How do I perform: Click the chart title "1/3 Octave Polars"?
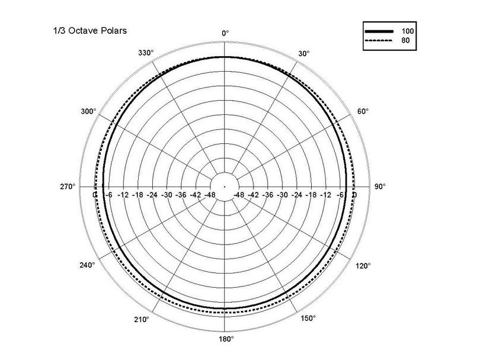(90, 31)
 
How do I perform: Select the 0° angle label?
(225, 33)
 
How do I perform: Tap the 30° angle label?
(303, 53)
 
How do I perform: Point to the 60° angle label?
(363, 111)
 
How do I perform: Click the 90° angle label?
(380, 187)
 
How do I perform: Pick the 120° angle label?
(363, 266)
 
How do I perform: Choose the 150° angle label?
(308, 318)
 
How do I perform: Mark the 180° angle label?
(226, 339)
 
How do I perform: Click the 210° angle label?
(142, 319)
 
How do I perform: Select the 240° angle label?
(87, 265)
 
